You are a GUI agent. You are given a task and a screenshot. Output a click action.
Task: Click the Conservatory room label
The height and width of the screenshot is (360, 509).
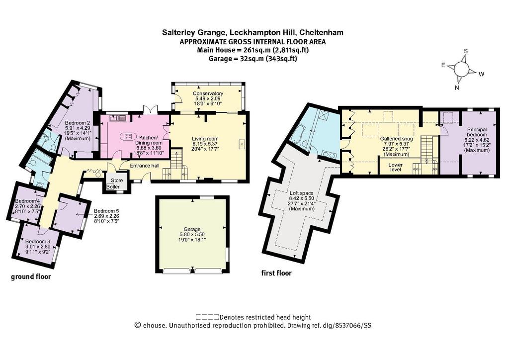tap(208, 93)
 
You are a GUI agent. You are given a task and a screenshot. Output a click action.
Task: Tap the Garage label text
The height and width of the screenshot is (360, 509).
tap(192, 229)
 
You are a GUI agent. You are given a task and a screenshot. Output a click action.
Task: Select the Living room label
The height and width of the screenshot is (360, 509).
tap(205, 139)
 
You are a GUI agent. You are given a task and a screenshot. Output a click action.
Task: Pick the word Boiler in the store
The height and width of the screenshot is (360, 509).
tap(113, 186)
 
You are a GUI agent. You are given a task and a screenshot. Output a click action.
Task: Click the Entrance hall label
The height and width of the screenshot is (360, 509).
tap(145, 166)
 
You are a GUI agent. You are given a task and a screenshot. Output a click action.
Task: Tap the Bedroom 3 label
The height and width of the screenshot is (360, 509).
tap(38, 242)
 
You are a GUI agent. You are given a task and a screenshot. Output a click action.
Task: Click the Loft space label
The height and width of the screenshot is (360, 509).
tap(301, 193)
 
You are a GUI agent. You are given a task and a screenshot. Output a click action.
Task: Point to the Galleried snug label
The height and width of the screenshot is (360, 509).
tap(396, 139)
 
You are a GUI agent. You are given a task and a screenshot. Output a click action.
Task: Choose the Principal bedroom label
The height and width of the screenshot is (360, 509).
tap(477, 132)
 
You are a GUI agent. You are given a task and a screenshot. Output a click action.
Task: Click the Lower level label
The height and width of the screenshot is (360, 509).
tap(395, 167)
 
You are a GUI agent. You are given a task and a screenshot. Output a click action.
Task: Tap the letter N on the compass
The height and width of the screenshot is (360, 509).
tap(457, 88)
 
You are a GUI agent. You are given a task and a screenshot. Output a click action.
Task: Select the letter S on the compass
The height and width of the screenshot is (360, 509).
tap(466, 51)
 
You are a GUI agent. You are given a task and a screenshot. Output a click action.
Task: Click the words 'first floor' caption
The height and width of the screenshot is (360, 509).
tap(276, 273)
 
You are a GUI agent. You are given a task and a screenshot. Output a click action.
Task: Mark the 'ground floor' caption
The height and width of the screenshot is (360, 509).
tap(31, 276)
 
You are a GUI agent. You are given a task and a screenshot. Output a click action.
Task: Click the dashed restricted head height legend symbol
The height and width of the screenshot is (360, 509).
tap(207, 317)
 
